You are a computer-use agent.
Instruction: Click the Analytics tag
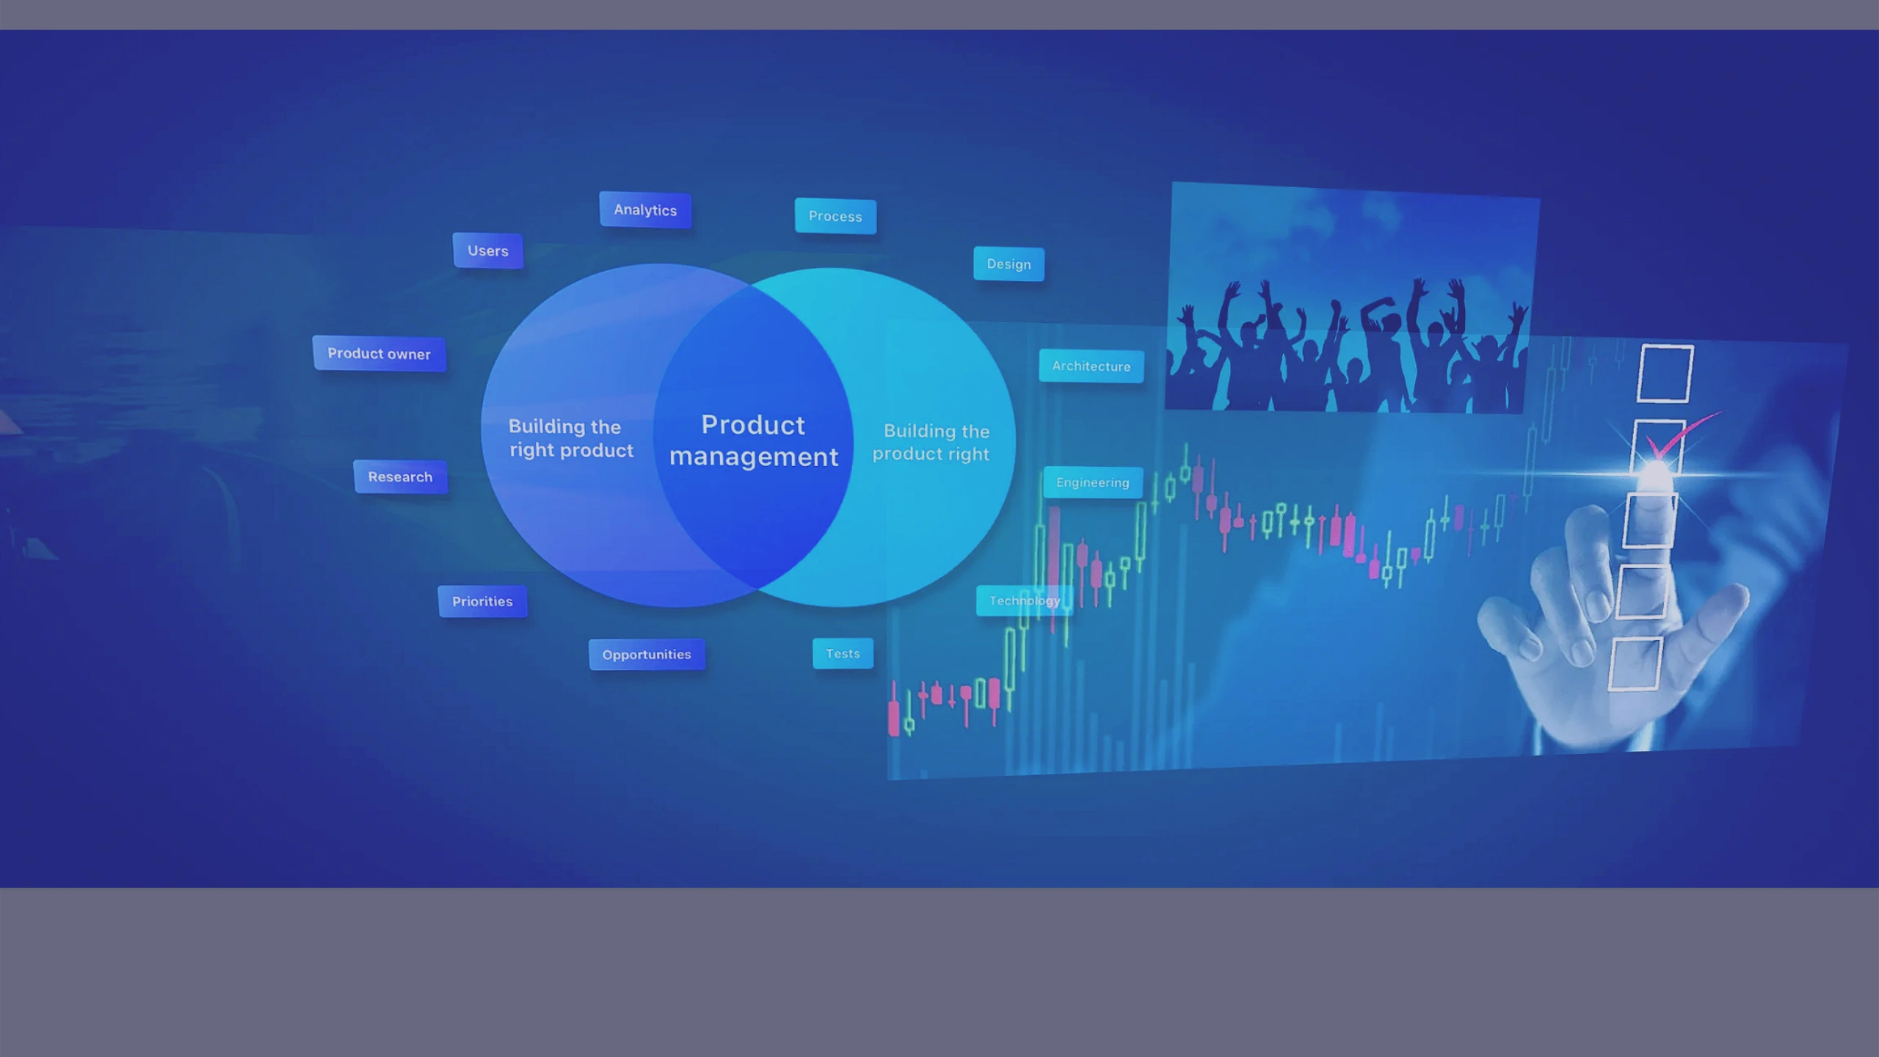[x=645, y=210]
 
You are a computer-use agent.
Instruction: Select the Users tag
[x=488, y=251]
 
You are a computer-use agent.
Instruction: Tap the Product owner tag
[x=379, y=354]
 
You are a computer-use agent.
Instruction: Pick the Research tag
[x=400, y=477]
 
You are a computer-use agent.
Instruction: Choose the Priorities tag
[x=482, y=601]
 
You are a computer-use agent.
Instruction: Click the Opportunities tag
[x=647, y=654]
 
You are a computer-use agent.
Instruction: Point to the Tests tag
[x=843, y=653]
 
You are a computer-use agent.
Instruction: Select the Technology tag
[x=1024, y=600]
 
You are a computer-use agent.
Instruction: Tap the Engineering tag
[x=1093, y=482]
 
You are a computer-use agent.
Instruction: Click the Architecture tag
[x=1091, y=366]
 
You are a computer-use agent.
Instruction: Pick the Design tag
[x=1008, y=264]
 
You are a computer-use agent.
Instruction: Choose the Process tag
[x=835, y=217]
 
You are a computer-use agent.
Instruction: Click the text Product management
[x=754, y=440]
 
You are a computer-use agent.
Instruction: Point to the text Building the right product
[x=570, y=438]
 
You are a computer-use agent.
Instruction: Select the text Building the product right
[x=931, y=442]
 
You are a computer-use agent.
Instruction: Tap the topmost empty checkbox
[x=1665, y=373]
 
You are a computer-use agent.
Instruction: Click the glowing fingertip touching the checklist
[x=1656, y=476]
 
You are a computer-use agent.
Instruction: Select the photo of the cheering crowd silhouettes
[x=1352, y=298]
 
